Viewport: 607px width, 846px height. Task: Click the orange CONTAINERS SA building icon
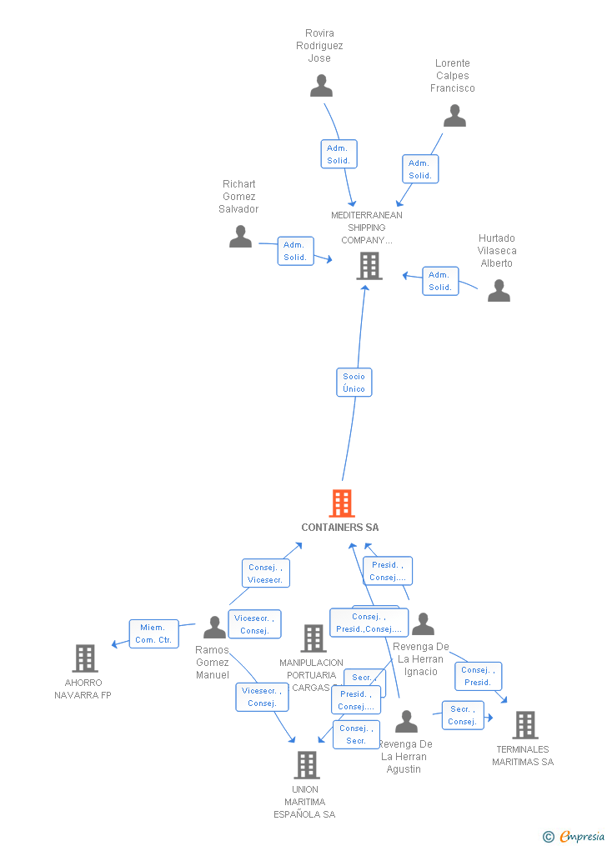click(x=342, y=503)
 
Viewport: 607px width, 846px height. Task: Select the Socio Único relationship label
click(x=354, y=383)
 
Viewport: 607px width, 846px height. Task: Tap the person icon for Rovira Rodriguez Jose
click(x=321, y=85)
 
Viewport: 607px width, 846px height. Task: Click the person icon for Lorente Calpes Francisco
click(x=454, y=116)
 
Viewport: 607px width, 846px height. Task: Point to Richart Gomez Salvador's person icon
click(x=240, y=237)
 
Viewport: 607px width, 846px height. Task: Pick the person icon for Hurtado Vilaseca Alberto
click(x=499, y=290)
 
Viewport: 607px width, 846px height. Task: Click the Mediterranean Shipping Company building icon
click(x=369, y=266)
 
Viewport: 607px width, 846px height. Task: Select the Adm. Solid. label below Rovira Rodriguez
click(x=339, y=154)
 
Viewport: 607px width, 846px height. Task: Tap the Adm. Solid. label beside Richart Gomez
click(x=295, y=251)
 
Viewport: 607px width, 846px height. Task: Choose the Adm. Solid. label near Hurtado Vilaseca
click(x=440, y=281)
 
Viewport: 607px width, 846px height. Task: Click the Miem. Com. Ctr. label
click(x=154, y=633)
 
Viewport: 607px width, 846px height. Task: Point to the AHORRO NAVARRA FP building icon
click(x=84, y=658)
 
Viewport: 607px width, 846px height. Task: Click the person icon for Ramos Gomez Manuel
click(x=214, y=627)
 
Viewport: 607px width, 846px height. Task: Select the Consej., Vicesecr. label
click(x=266, y=573)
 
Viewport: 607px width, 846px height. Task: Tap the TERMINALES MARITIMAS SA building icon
click(x=524, y=725)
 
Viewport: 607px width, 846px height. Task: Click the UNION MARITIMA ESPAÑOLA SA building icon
click(x=306, y=764)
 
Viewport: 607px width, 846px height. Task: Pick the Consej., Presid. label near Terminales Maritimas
click(x=478, y=676)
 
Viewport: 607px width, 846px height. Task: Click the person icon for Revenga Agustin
click(x=406, y=721)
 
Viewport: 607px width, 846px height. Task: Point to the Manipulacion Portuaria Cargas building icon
click(x=313, y=638)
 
